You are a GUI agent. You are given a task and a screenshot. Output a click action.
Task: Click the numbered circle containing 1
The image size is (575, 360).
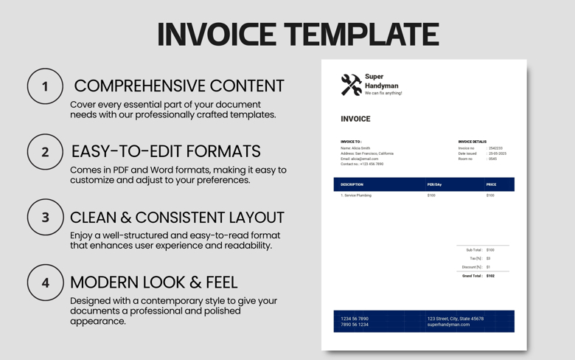45,86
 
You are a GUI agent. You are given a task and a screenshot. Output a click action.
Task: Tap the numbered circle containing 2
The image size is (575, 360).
45,152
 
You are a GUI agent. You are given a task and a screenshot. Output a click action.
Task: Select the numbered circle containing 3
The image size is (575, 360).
45,218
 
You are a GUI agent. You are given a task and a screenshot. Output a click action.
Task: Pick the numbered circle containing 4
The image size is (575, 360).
45,283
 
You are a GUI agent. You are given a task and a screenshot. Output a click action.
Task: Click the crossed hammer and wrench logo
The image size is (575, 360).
351,84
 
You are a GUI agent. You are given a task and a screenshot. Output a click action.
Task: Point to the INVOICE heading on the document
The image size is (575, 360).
355,119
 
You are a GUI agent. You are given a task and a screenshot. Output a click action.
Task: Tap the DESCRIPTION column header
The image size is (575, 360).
352,184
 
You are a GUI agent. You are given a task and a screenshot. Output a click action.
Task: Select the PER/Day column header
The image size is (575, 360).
434,184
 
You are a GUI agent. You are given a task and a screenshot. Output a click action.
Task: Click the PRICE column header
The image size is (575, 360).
491,184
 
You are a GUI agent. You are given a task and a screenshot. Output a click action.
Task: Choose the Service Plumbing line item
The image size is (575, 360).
357,195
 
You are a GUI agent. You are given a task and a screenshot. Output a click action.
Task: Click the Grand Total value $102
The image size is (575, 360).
490,276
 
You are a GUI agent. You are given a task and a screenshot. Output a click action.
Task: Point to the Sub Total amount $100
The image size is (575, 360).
490,250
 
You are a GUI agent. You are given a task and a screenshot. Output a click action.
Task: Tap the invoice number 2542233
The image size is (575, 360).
496,148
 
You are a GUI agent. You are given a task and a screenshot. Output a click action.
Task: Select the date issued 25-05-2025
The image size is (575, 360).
498,153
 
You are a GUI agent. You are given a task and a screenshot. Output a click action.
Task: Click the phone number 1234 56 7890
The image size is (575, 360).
355,319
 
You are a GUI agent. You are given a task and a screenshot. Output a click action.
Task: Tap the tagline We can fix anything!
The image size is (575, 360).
383,94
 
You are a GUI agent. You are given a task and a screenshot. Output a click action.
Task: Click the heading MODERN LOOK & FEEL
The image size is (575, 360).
153,283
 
